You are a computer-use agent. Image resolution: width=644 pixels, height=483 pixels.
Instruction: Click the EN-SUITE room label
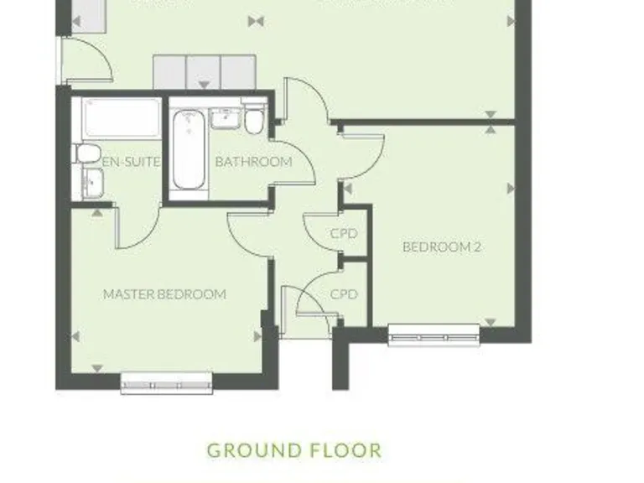pos(131,162)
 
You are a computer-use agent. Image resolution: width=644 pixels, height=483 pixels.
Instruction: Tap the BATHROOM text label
pos(253,162)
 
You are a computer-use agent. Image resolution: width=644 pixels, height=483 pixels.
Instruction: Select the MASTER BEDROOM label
pos(164,294)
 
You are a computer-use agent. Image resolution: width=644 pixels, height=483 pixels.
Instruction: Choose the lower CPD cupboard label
pos(344,294)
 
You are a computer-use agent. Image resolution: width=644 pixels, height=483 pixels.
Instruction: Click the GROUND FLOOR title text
pos(293,450)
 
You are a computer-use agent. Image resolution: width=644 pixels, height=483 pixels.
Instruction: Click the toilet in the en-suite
pos(88,153)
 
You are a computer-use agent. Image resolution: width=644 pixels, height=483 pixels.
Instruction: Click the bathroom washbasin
pos(224,119)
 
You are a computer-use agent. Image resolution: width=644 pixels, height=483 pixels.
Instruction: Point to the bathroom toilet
pos(254,121)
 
